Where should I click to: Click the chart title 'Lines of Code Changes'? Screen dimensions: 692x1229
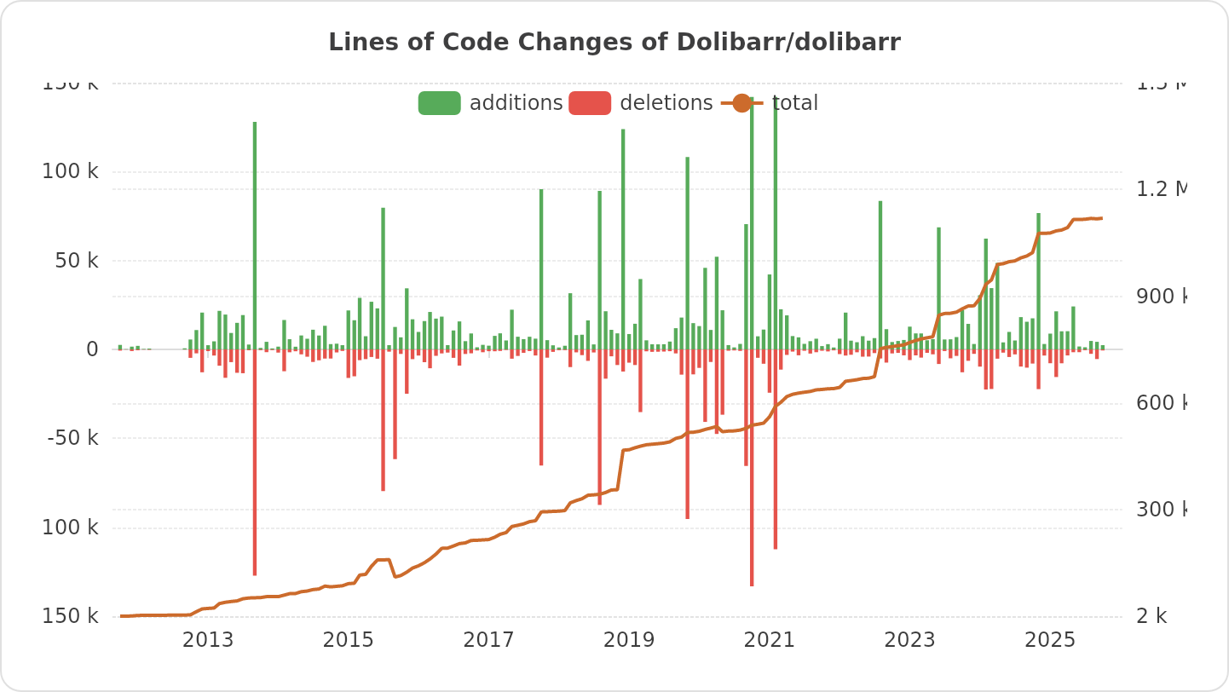pos(614,43)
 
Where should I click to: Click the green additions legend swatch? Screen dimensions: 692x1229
pos(439,103)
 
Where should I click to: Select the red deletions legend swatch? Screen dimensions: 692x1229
pos(590,103)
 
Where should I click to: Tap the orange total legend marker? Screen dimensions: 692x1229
pos(741,103)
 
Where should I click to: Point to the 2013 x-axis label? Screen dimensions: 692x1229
pos(208,640)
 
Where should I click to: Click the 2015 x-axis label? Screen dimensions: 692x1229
pos(348,640)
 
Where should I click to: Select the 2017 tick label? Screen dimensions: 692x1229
pos(488,640)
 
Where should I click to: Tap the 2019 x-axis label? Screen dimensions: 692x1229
pos(629,640)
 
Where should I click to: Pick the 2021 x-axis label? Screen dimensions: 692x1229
pos(770,640)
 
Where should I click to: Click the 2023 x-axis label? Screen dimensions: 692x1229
pos(909,640)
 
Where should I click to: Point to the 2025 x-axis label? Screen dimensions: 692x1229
pos(1050,640)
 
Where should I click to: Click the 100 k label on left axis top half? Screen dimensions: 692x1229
pos(71,171)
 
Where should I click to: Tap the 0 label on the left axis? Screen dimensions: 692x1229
pos(92,349)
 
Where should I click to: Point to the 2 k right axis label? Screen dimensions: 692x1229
pos(1151,616)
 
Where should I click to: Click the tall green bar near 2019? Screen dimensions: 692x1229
pos(623,239)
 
